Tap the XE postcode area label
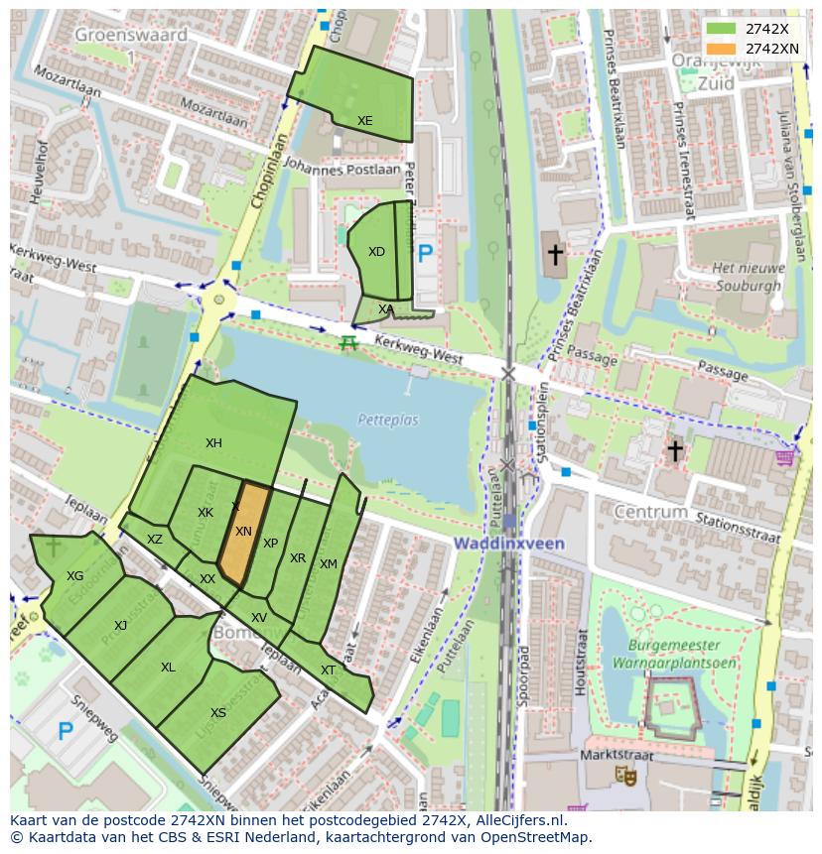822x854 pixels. click(365, 121)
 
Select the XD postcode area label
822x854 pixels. click(376, 252)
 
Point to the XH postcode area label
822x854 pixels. click(213, 443)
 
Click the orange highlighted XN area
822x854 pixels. click(243, 533)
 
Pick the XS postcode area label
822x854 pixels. click(218, 713)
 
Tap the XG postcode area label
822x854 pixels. click(74, 576)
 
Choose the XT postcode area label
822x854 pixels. click(328, 671)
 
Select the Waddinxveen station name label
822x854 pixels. click(509, 544)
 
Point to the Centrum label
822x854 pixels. click(650, 512)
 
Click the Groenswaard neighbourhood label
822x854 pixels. click(130, 36)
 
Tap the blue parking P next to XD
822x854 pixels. click(426, 254)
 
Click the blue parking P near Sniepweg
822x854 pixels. click(65, 732)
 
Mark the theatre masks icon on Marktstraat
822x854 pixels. click(625, 775)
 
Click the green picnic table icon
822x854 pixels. click(347, 343)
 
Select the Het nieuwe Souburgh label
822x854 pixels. click(748, 277)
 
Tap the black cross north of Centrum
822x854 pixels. click(675, 451)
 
